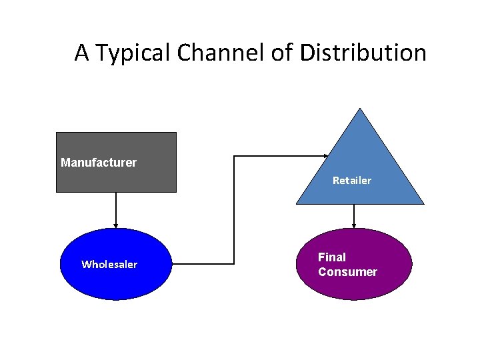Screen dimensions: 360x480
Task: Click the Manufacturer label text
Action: tap(99, 163)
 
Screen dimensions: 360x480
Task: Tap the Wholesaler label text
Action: tap(109, 265)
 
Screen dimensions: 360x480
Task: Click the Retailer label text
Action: tap(352, 181)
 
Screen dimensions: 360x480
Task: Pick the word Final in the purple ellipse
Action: tap(332, 257)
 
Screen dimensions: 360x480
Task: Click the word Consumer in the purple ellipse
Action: tap(347, 272)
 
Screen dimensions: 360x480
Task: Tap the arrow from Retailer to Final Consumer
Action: tap(354, 215)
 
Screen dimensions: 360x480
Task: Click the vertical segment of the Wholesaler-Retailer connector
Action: tap(233, 210)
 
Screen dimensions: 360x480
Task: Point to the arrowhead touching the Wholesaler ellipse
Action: tap(116, 225)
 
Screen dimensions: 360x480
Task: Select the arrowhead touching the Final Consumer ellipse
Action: tap(354, 225)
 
